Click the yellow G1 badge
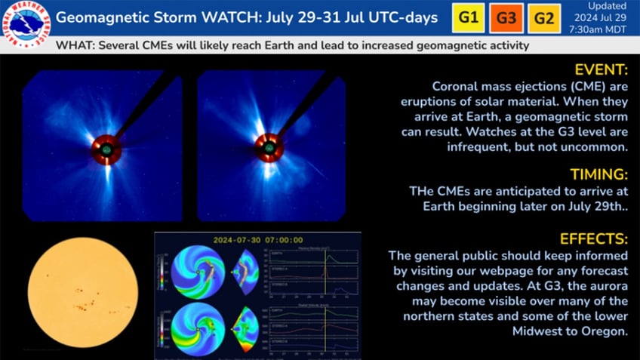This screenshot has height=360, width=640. (x=468, y=17)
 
